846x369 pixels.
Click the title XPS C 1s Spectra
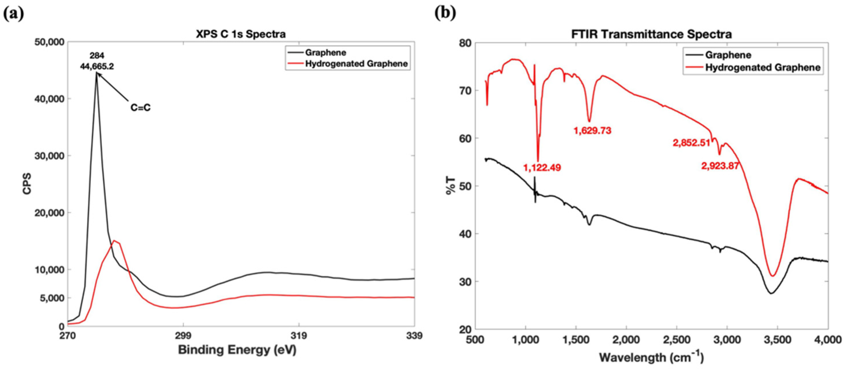[241, 34]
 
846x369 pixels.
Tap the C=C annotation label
[141, 107]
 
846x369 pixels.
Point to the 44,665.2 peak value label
[97, 66]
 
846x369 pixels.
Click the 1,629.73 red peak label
[593, 131]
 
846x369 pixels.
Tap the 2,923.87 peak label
[720, 166]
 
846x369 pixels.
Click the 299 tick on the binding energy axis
[183, 336]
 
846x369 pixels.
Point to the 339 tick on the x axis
[414, 336]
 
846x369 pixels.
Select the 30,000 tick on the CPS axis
[50, 156]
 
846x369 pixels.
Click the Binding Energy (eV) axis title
[237, 350]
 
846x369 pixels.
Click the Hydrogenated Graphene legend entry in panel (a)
[356, 64]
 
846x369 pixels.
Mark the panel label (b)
[445, 13]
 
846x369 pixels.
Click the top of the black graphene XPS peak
[97, 73]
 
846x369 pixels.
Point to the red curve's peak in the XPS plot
[114, 241]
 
